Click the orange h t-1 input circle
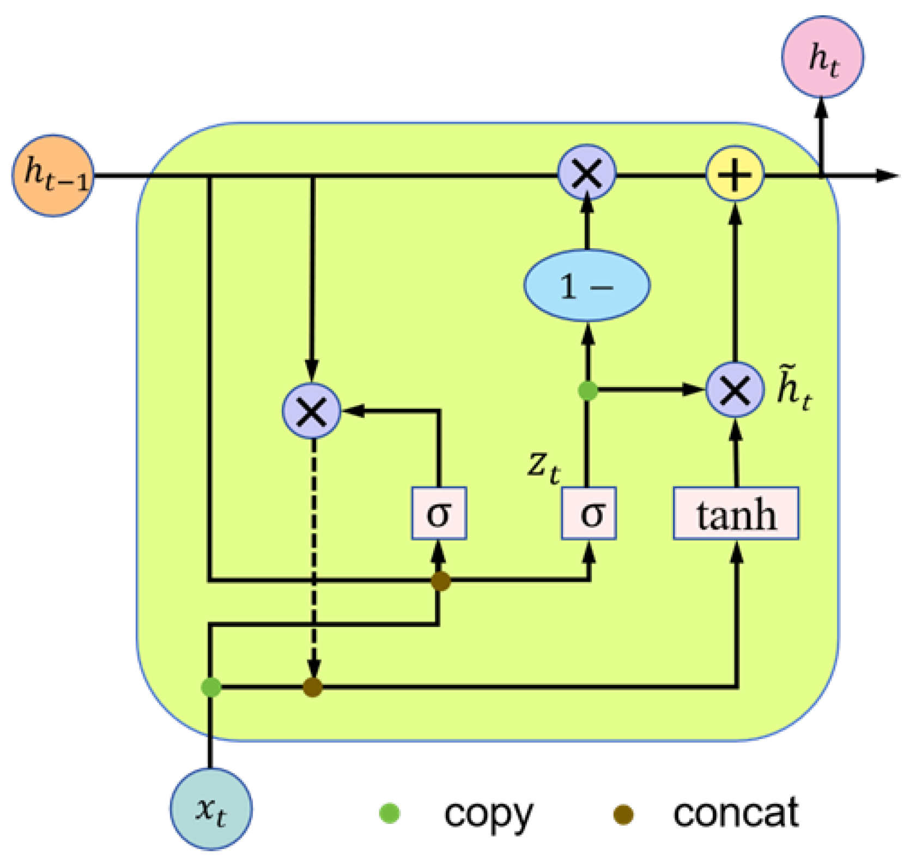(x=53, y=176)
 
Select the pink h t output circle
(x=822, y=57)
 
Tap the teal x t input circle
(x=211, y=809)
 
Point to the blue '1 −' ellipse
(x=587, y=285)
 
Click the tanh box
(x=736, y=514)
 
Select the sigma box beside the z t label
(x=589, y=514)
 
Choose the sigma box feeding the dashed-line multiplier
(x=439, y=514)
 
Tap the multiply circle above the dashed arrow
(x=312, y=411)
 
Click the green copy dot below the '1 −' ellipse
(x=587, y=390)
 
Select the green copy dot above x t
(x=211, y=687)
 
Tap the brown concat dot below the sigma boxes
(x=440, y=581)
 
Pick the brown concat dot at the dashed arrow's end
(x=312, y=687)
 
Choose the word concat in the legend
(x=735, y=814)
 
